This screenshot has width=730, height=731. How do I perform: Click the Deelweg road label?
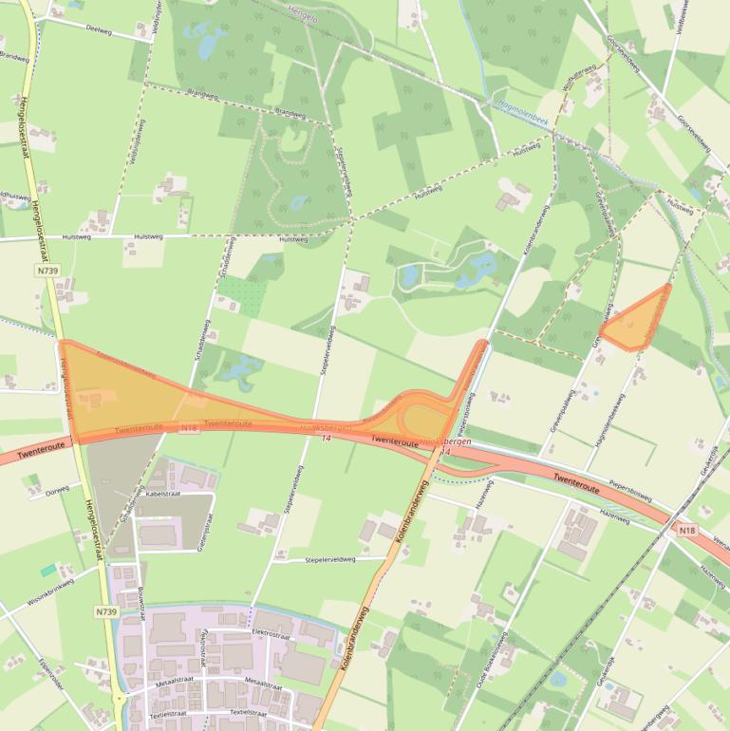[99, 28]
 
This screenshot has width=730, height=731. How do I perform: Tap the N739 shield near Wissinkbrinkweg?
[105, 612]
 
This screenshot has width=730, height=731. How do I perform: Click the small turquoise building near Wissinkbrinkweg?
[48, 570]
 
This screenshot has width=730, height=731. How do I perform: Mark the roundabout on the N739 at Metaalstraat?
[119, 699]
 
